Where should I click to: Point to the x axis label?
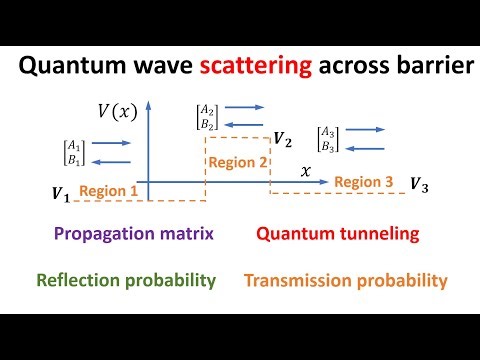point(306,172)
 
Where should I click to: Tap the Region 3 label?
point(364,182)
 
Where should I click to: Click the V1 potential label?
point(61,193)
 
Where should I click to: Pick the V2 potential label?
point(283,139)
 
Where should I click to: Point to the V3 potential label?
point(420,184)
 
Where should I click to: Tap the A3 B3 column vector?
point(327,137)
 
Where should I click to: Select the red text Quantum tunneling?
point(337,235)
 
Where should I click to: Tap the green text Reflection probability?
point(125,280)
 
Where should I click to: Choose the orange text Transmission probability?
point(345,281)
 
